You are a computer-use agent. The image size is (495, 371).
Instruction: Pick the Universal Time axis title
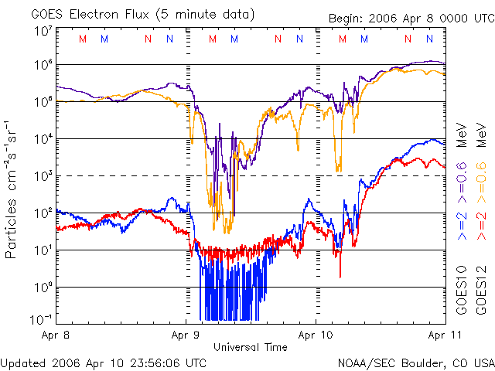point(251,347)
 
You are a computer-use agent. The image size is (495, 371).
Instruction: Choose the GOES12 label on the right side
point(480,291)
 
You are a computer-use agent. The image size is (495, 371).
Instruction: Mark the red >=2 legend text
point(480,227)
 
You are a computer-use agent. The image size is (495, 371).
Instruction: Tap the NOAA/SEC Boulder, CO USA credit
point(415,362)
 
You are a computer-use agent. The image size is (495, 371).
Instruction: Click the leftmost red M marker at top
point(83,38)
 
